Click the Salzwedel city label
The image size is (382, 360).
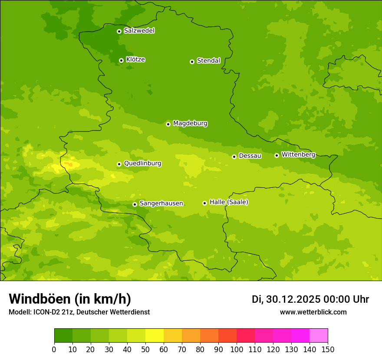139,31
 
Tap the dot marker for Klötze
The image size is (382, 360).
121,60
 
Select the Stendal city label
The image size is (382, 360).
209,61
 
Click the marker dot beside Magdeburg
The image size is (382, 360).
168,124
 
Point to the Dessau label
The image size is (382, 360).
250,156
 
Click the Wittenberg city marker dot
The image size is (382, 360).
277,155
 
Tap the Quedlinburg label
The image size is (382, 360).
142,164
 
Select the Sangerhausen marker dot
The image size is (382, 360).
135,204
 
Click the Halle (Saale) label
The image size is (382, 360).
229,202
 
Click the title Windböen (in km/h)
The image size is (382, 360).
70,299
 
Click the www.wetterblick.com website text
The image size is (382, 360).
313,312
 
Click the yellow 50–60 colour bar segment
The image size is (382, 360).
155,336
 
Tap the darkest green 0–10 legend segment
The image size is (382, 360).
63,336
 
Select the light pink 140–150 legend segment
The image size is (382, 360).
319,336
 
